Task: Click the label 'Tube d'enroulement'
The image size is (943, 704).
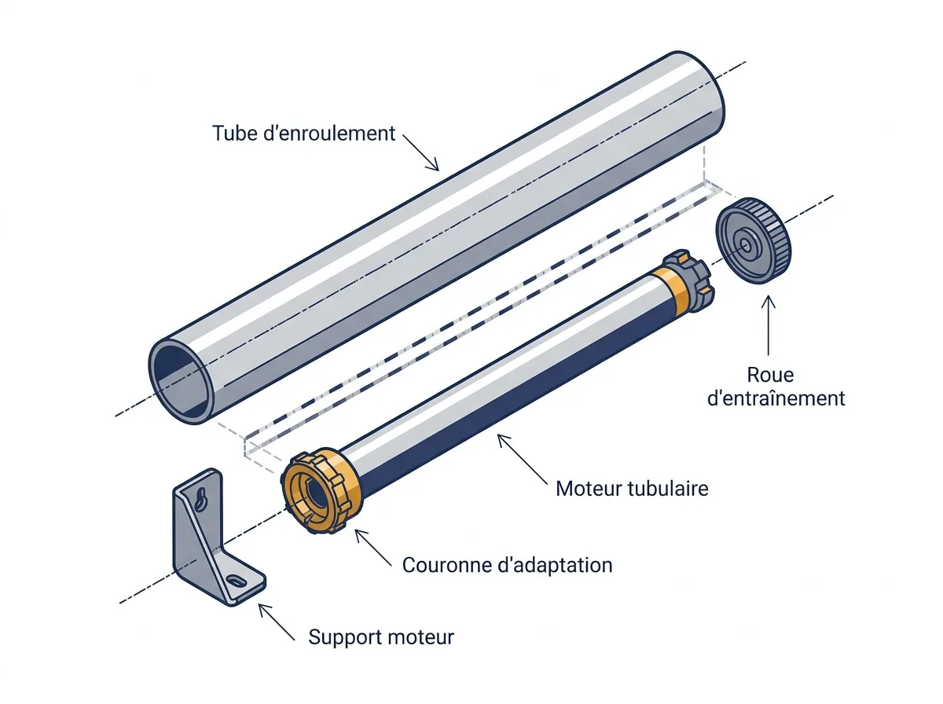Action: pos(303,133)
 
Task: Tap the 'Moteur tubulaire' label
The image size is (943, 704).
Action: pos(632,489)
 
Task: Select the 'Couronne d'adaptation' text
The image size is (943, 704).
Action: pos(507,565)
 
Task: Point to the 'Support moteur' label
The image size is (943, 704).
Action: pos(380,637)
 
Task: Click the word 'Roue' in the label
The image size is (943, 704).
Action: pos(770,375)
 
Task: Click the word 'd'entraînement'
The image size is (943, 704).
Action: pos(776,398)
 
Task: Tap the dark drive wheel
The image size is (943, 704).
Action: pos(753,240)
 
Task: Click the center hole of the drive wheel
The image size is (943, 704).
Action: pos(746,246)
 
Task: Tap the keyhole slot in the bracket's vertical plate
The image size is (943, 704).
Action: pos(200,500)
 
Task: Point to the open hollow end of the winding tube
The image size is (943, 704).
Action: pos(182,381)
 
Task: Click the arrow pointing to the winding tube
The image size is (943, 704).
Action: pos(420,152)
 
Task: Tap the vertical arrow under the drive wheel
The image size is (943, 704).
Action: pos(768,325)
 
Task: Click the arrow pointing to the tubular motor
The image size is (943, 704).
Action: pos(523,460)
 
